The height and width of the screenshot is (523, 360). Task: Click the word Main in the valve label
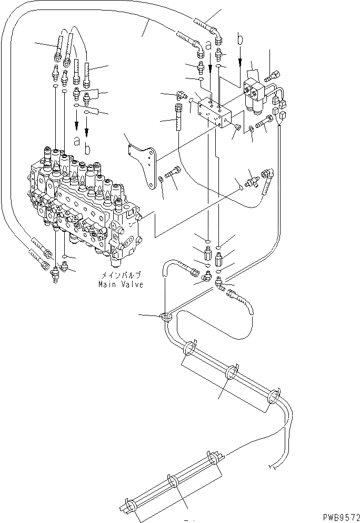pyautogui.click(x=106, y=284)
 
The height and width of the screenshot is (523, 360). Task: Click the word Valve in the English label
pyautogui.click(x=132, y=284)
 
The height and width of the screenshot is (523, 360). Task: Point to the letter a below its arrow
pyautogui.click(x=77, y=141)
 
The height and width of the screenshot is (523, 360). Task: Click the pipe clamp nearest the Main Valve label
pyautogui.click(x=166, y=317)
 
